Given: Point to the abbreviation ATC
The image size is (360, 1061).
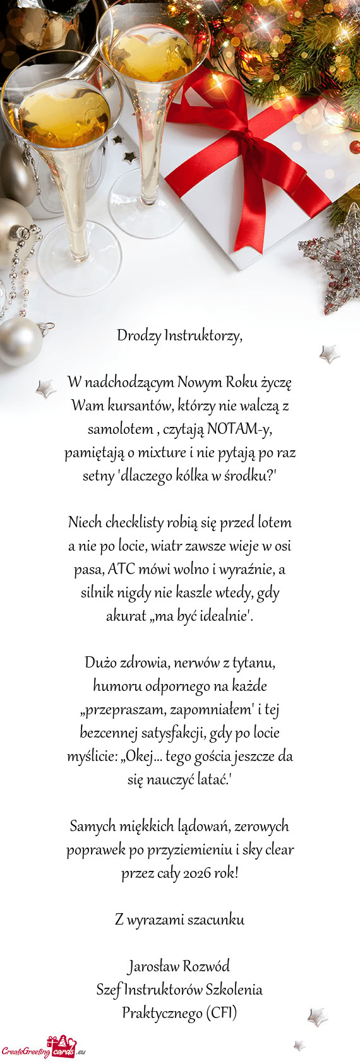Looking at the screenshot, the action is (x=122, y=569).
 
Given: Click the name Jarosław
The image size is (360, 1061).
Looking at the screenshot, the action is (x=153, y=966).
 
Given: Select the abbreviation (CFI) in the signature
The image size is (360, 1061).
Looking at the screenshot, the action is (x=221, y=1013).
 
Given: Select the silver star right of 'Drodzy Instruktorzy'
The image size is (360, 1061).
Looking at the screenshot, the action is (x=329, y=354).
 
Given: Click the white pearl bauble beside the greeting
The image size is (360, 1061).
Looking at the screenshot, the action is (x=19, y=341).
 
